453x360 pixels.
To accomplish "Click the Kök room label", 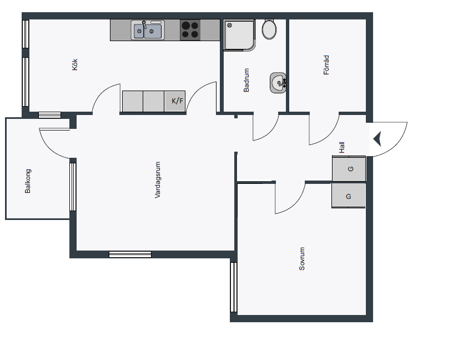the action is (x=75, y=64).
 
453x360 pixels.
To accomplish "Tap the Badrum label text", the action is (x=246, y=80).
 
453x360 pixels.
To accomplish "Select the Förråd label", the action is (x=326, y=65).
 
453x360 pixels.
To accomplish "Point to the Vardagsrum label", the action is (x=158, y=180).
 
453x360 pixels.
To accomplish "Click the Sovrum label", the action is (x=302, y=258).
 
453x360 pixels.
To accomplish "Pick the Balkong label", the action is (x=28, y=181).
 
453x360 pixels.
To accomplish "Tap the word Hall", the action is (x=342, y=147).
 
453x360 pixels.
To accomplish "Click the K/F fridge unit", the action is (x=175, y=101).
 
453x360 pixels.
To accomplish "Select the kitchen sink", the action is (x=148, y=30).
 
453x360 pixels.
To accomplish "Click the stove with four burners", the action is (x=190, y=30).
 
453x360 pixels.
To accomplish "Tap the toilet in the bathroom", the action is (x=269, y=29).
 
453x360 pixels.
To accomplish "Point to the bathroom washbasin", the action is (x=278, y=83).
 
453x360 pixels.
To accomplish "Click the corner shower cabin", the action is (x=239, y=35).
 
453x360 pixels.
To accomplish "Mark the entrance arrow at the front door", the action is (x=377, y=139).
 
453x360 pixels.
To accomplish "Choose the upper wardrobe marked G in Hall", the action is (x=349, y=168).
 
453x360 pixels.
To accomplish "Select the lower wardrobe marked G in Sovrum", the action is (x=349, y=196).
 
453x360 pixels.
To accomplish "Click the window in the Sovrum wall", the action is (x=234, y=287).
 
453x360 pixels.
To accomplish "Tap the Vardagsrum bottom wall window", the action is (x=130, y=254).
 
